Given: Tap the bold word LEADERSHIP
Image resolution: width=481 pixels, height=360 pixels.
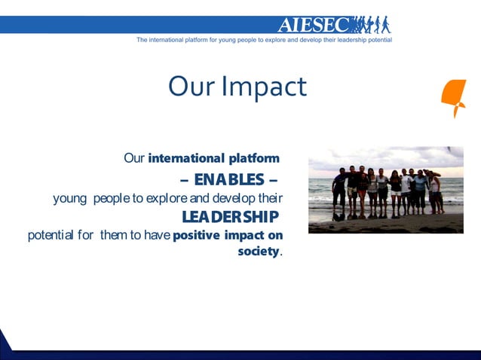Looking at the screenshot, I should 230,217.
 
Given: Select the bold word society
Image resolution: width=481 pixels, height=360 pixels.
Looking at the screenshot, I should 258,251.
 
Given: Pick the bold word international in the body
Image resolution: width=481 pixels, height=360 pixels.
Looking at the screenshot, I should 187,158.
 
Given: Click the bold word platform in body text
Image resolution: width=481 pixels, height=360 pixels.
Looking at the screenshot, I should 254,158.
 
